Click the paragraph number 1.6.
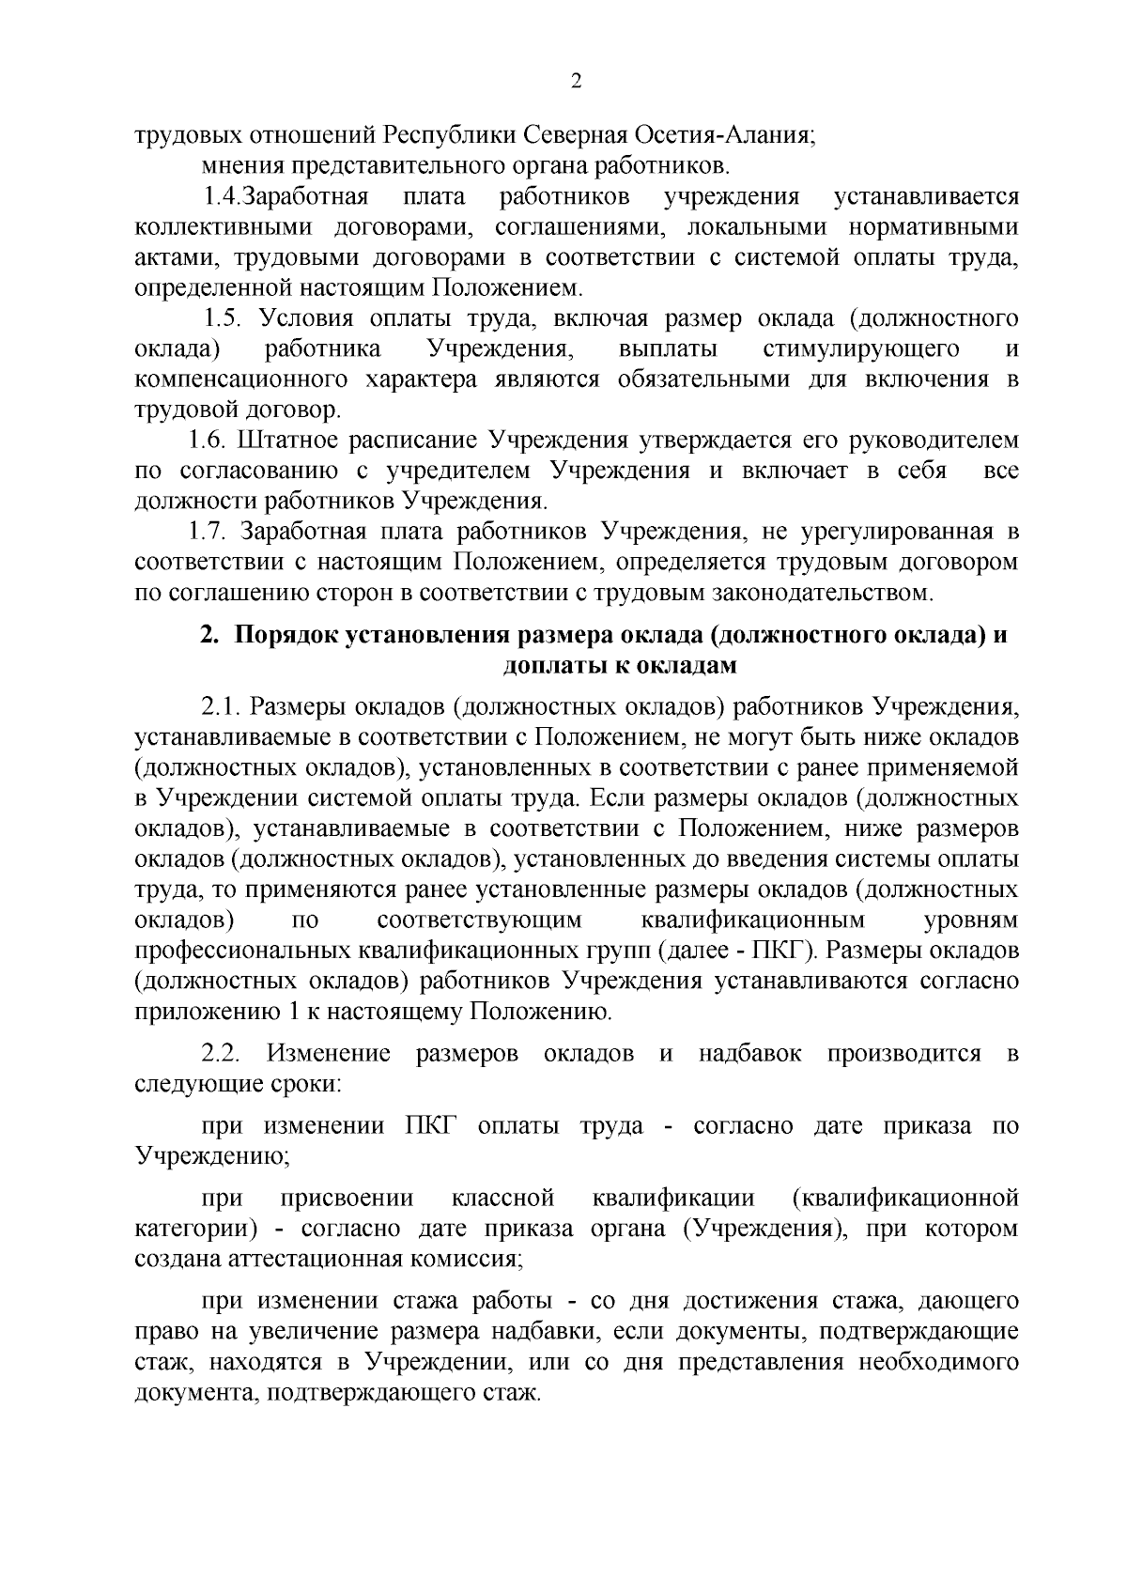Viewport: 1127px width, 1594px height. coord(208,440)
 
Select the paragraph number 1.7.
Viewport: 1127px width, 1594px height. coord(208,532)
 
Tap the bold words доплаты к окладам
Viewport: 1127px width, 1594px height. coord(619,666)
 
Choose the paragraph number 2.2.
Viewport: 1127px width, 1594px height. coord(223,1053)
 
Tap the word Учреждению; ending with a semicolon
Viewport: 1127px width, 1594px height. coord(212,1156)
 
